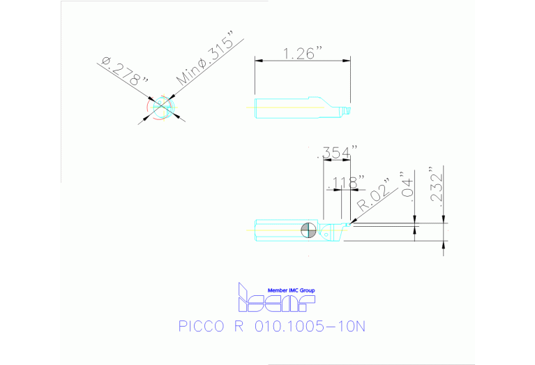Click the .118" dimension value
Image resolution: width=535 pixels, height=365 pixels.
[x=345, y=183]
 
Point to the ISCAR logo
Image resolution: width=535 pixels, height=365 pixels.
[x=276, y=299]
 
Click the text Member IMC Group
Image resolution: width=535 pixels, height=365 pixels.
[x=292, y=290]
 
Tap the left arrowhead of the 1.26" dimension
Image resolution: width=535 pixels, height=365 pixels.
[x=257, y=61]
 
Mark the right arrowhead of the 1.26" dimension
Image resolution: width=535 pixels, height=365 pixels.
[x=349, y=61]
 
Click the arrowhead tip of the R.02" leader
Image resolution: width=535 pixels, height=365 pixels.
[x=353, y=223]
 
